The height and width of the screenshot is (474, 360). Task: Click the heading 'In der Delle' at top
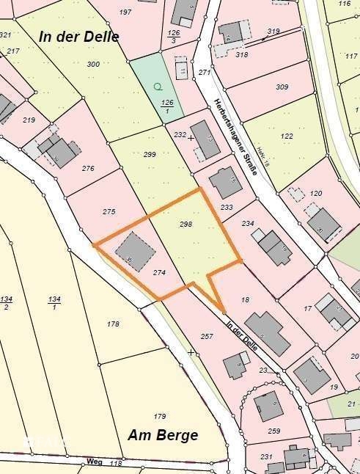pyautogui.click(x=79, y=36)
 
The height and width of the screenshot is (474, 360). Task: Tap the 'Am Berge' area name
pyautogui.click(x=163, y=435)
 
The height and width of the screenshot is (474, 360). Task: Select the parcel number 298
pyautogui.click(x=185, y=225)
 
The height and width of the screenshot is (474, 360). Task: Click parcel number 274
pyautogui.click(x=159, y=272)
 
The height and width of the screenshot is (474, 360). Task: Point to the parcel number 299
pyautogui.click(x=150, y=154)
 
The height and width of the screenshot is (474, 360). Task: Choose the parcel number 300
pyautogui.click(x=93, y=65)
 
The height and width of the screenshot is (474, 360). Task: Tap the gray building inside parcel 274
pyautogui.click(x=135, y=251)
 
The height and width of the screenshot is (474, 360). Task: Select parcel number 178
pyautogui.click(x=113, y=324)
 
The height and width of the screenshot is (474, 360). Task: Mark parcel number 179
pyautogui.click(x=160, y=416)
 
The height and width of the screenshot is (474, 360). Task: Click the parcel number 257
pyautogui.click(x=206, y=336)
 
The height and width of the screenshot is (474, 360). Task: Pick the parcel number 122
pyautogui.click(x=287, y=136)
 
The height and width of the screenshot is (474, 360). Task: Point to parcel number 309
pyautogui.click(x=282, y=87)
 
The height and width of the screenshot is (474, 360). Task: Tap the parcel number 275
pyautogui.click(x=109, y=211)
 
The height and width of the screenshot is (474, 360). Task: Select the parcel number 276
pyautogui.click(x=88, y=169)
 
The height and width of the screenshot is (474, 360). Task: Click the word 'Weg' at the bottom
pyautogui.click(x=94, y=462)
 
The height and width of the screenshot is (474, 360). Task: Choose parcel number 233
pyautogui.click(x=227, y=207)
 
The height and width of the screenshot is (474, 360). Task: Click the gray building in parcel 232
pyautogui.click(x=205, y=143)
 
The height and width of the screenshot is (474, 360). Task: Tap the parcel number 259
pyautogui.click(x=274, y=431)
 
